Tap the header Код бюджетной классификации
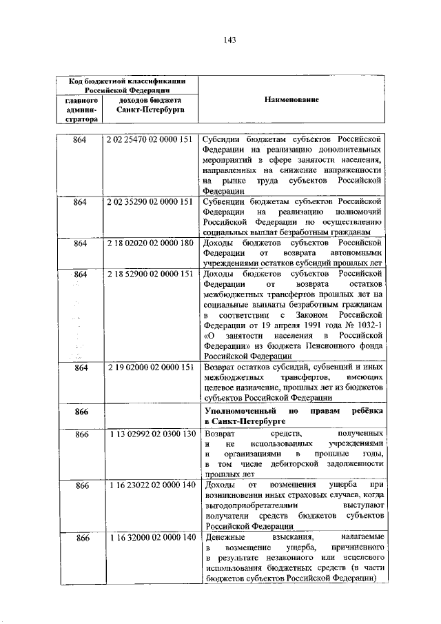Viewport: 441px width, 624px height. (125, 81)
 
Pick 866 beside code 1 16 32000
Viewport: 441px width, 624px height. (81, 537)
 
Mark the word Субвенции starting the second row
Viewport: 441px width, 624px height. (225, 202)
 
